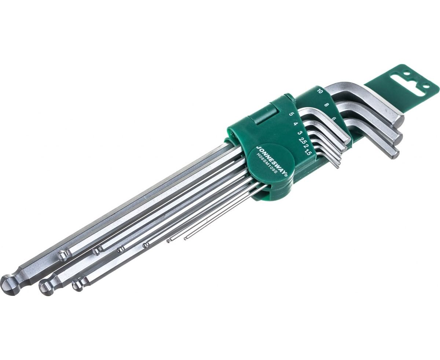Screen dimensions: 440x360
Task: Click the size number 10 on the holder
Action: point(320,91)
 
